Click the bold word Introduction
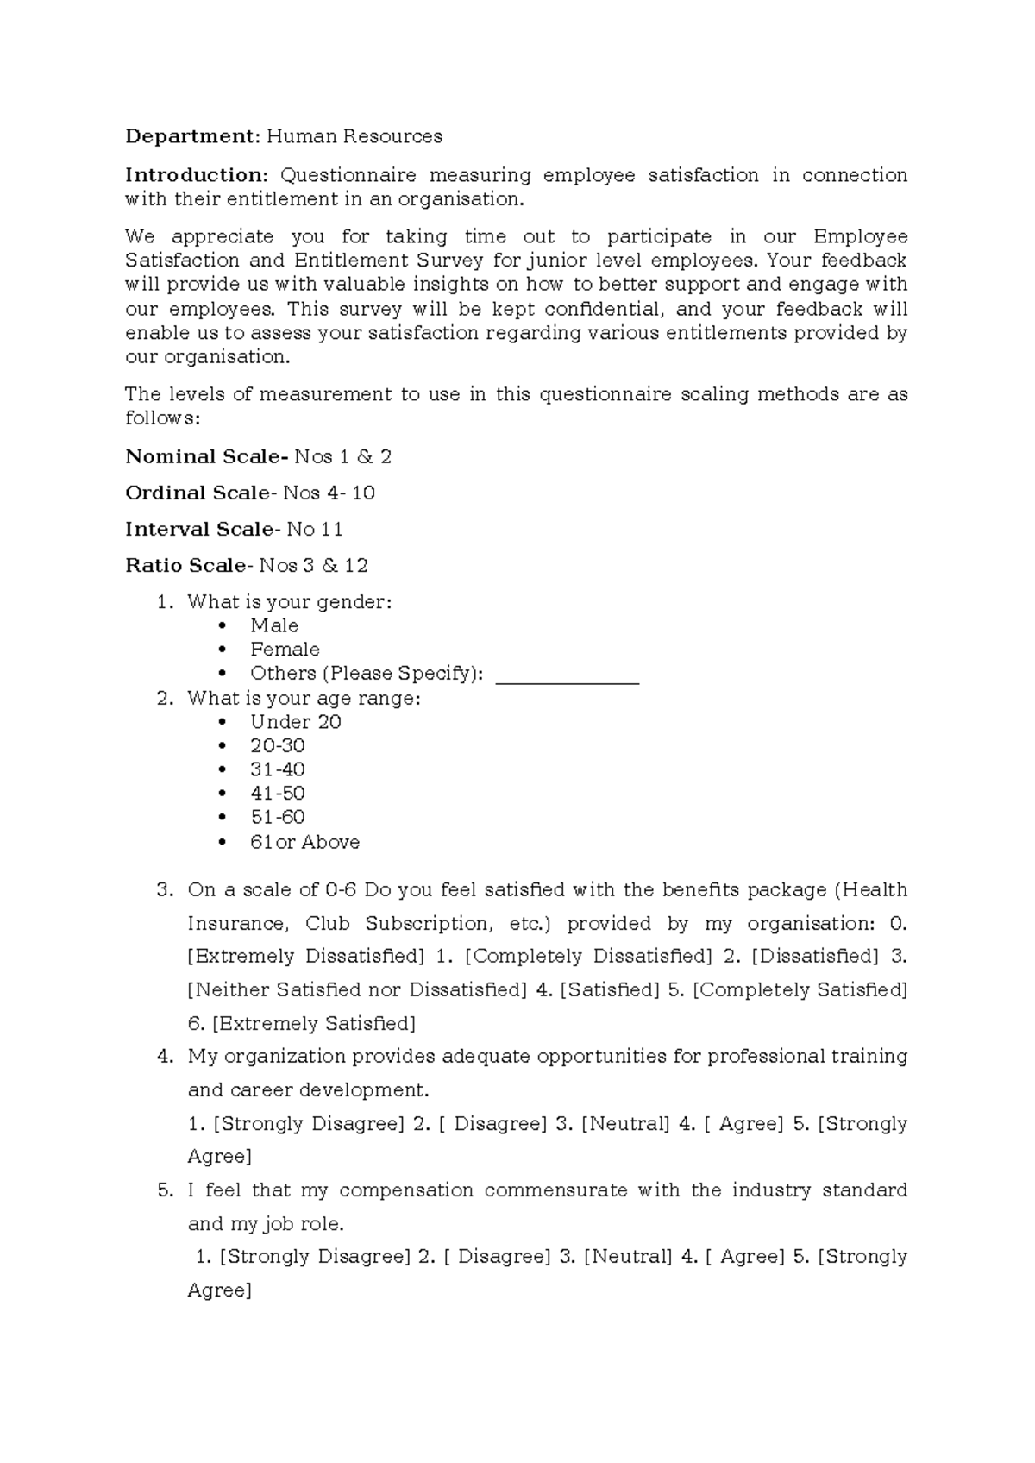tap(198, 175)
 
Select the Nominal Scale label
tap(206, 456)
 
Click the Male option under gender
tap(274, 625)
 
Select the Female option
tap(285, 650)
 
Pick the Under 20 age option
tap(296, 722)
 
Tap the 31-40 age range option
tap(278, 769)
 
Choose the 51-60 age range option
tap(278, 817)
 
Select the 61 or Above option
tap(304, 842)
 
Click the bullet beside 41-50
tap(223, 794)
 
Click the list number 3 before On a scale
tap(165, 890)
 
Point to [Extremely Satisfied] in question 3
tap(314, 1024)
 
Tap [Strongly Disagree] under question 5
tap(315, 1257)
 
